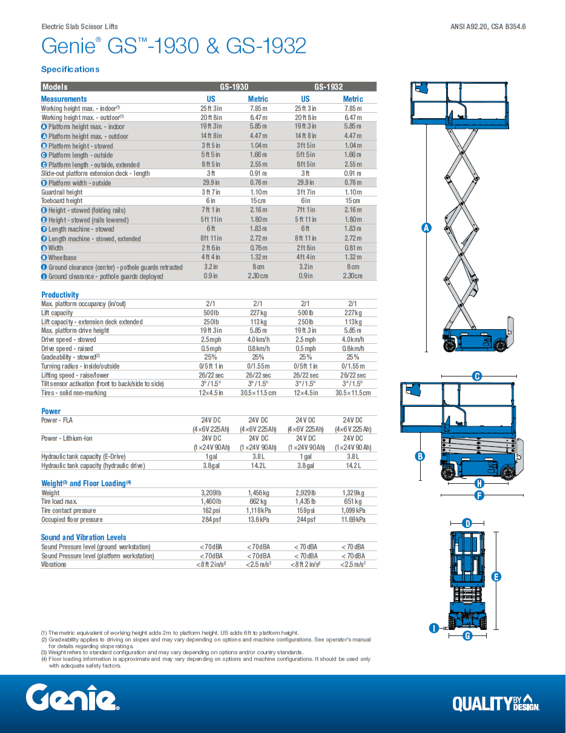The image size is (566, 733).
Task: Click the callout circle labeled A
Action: pos(426,228)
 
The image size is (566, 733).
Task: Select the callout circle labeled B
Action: pos(420,457)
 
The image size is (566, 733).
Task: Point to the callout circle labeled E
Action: pos(496,577)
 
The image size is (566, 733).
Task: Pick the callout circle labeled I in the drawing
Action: pos(433,628)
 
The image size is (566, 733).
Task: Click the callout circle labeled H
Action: pos(479,483)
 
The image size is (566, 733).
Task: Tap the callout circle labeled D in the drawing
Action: pos(467,523)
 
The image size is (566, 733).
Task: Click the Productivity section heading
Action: pos(60,295)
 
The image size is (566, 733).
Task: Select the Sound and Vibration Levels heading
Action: pos(84,537)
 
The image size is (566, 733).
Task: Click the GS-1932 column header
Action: pos(328,87)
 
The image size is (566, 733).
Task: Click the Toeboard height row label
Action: pos(62,201)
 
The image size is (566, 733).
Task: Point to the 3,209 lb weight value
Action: pos(211,493)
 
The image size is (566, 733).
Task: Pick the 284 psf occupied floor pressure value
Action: pos(211,520)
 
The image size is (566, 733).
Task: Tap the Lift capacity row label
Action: pos(57,313)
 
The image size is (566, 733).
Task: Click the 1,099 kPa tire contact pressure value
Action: pos(352,510)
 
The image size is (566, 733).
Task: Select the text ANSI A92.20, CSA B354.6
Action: pos(488,27)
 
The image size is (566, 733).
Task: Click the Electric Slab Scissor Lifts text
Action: pos(79,27)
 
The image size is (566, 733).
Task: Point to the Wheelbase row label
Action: pos(62,258)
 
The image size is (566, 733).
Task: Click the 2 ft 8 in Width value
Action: pos(305,248)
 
